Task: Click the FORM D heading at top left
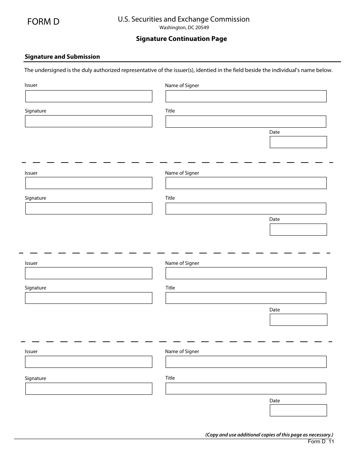(43, 22)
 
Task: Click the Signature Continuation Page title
(182, 39)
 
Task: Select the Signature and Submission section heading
(62, 57)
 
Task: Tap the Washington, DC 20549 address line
(184, 28)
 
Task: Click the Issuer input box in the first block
(89, 96)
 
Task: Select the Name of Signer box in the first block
(246, 96)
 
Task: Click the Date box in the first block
(298, 142)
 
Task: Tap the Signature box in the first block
(89, 121)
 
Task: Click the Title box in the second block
(246, 208)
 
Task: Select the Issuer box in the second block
(89, 183)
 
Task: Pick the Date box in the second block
(298, 230)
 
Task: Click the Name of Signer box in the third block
(246, 273)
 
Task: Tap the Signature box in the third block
(89, 298)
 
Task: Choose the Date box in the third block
(298, 320)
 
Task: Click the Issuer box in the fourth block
(89, 362)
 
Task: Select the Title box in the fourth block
(246, 388)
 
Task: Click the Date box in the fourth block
(298, 410)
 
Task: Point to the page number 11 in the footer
(331, 441)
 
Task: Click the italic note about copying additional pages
(269, 435)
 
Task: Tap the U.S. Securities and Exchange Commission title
(184, 19)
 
